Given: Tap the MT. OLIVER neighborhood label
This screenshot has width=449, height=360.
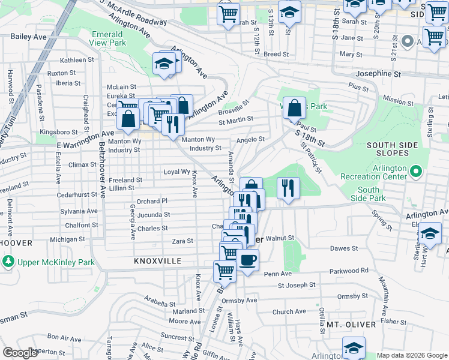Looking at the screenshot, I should (352, 325).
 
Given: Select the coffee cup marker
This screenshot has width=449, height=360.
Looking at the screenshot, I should (247, 261).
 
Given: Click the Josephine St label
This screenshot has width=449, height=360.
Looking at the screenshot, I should (378, 74).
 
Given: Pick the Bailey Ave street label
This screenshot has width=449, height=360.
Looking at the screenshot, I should (28, 37).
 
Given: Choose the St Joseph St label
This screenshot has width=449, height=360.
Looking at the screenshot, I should (296, 285).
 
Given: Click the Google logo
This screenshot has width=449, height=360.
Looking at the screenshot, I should (20, 353).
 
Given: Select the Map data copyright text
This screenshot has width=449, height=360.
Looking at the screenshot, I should (412, 356).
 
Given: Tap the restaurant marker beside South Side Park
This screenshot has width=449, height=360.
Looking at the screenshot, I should (288, 188).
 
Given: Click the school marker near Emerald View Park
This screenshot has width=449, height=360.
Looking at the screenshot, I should (163, 64).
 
